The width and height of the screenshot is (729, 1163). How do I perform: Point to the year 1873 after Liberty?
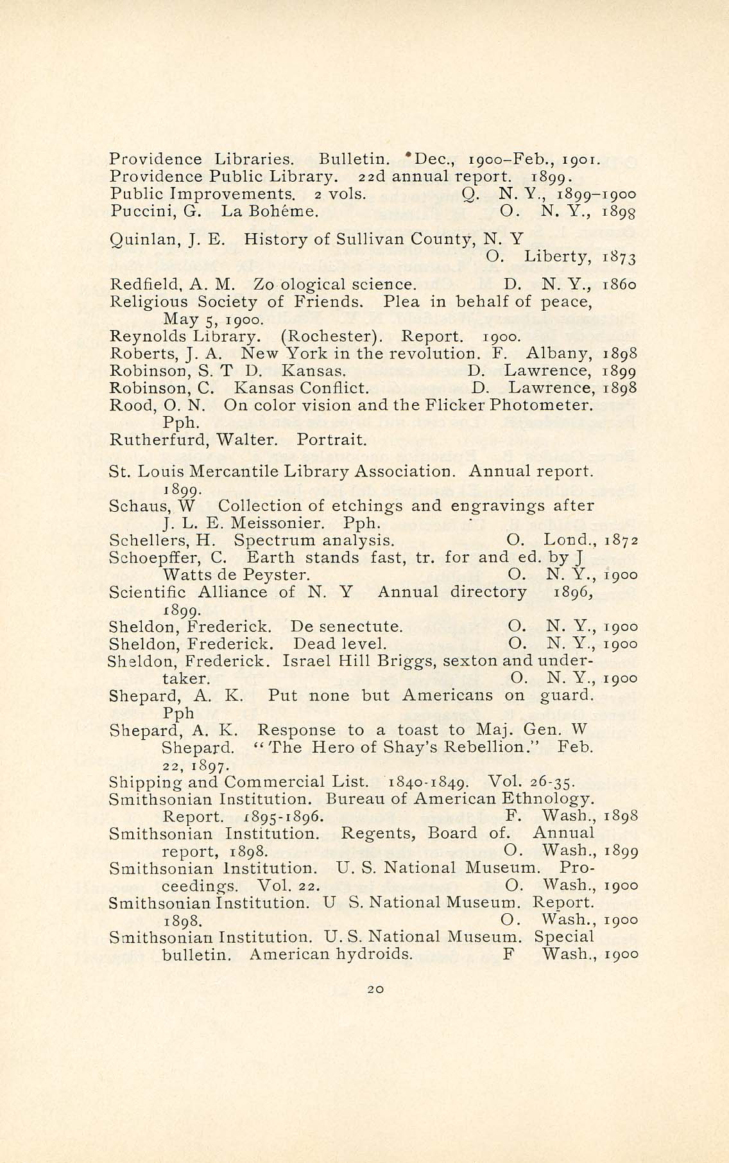tap(620, 258)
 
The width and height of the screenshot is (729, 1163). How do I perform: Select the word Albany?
tap(561, 354)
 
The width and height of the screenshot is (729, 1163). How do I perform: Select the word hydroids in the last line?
tap(375, 955)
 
